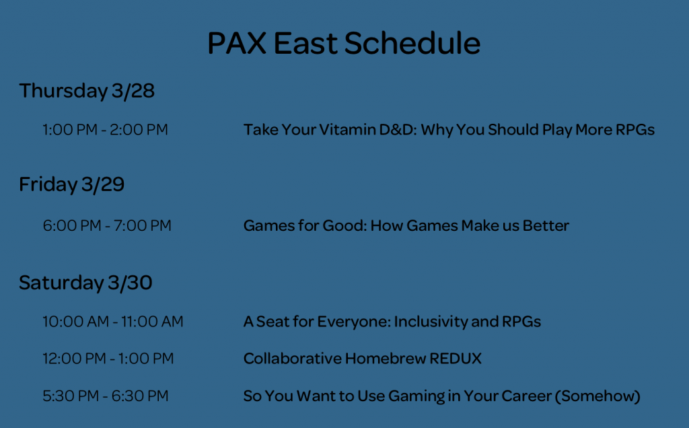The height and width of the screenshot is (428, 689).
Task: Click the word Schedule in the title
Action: (x=412, y=43)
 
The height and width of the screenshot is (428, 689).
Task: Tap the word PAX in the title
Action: (x=237, y=43)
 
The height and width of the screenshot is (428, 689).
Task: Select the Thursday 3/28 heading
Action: (x=87, y=91)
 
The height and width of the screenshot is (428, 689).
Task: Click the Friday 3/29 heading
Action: (x=71, y=184)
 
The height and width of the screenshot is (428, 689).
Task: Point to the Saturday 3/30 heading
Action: (x=85, y=283)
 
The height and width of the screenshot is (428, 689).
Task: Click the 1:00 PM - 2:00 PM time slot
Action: (x=106, y=130)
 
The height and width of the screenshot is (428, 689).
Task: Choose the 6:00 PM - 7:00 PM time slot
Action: (x=107, y=225)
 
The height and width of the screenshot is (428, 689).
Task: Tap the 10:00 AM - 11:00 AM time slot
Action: (x=113, y=322)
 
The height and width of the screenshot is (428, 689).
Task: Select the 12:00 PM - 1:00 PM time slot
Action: (x=108, y=359)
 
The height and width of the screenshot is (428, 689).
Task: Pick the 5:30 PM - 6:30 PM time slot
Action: (x=106, y=396)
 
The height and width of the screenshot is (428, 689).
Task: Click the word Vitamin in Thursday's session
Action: (x=347, y=130)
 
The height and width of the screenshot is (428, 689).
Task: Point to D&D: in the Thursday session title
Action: (x=398, y=130)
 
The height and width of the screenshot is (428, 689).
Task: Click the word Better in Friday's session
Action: (x=546, y=225)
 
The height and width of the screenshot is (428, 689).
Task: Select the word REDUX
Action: (x=456, y=359)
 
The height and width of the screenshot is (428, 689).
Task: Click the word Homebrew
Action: (x=385, y=359)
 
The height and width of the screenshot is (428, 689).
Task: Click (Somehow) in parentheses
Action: (x=597, y=396)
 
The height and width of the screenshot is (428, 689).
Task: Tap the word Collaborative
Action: (x=292, y=359)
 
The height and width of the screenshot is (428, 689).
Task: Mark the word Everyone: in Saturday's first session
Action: (x=354, y=322)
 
